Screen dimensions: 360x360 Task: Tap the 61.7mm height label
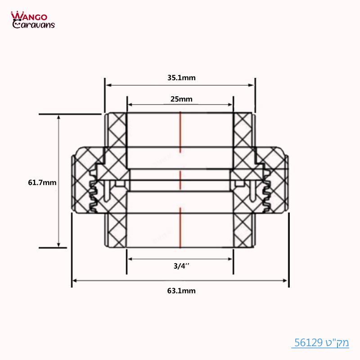(42, 183)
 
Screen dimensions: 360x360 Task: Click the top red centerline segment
(180, 132)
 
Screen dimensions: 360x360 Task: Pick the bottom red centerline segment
(180, 227)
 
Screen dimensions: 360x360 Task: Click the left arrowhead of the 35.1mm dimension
(108, 85)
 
